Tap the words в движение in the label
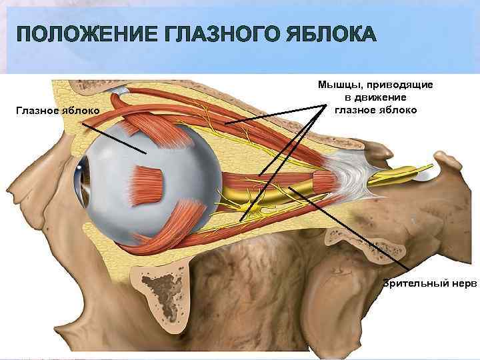(376, 97)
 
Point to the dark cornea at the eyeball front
(83, 177)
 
